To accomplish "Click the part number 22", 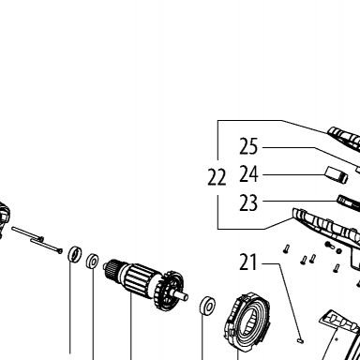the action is (217, 177).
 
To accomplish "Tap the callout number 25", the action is (248, 146).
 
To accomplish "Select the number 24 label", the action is (248, 174).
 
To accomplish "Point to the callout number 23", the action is (248, 202).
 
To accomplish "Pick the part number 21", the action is (248, 262).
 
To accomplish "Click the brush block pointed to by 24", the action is (337, 175).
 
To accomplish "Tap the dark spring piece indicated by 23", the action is (348, 202).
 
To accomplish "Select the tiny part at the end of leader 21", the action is (301, 340).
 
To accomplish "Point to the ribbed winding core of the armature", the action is (140, 279).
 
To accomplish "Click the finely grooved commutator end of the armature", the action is (112, 268).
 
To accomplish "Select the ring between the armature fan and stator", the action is (207, 305).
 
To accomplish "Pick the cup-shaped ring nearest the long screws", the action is (75, 254).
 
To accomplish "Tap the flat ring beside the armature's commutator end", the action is (93, 262).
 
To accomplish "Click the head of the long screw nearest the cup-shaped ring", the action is (60, 250).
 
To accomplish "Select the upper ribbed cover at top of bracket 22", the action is (344, 138).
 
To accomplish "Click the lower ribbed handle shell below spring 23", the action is (327, 226).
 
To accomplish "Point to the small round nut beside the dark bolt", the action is (338, 250).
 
